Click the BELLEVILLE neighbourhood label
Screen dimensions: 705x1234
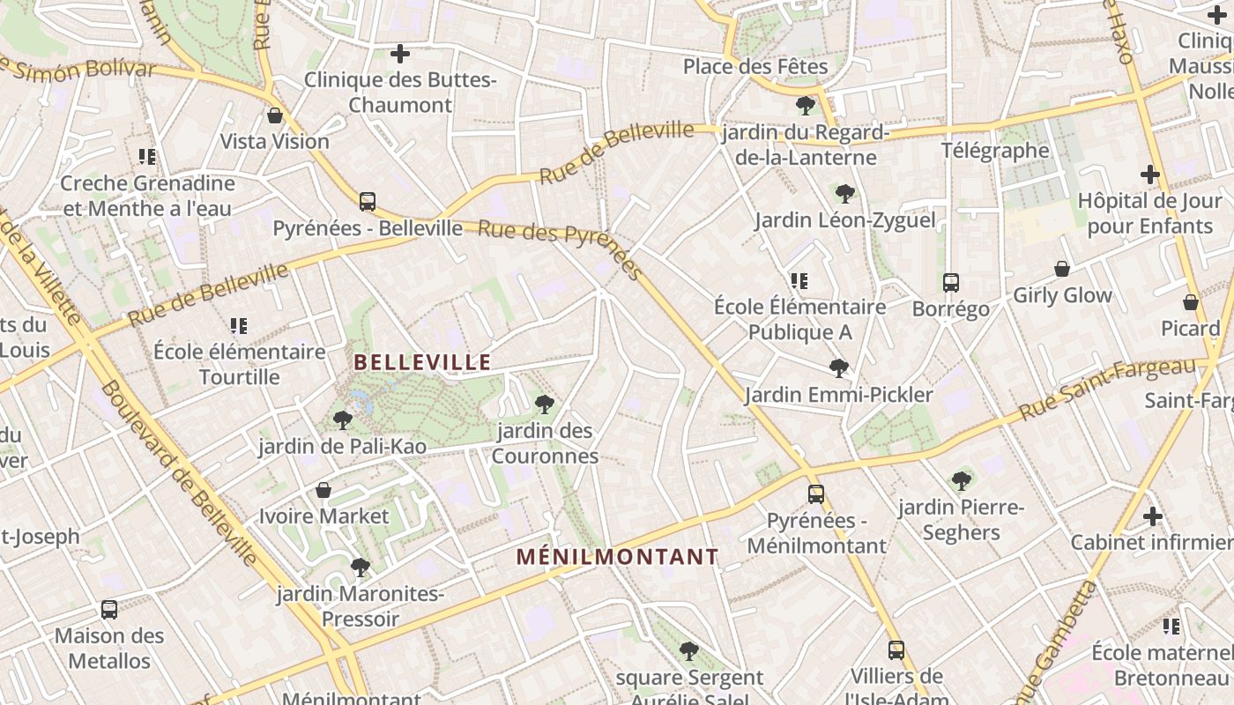point(422,362)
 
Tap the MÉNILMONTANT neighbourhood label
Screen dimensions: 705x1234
point(617,557)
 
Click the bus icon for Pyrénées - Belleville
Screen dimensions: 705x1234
point(368,202)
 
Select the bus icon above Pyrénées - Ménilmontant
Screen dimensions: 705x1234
point(816,494)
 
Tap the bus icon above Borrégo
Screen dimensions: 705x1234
point(950,283)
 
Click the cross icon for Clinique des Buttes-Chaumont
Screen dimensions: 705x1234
point(400,54)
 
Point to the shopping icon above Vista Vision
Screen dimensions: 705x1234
point(275,115)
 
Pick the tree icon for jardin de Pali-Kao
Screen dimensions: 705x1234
point(343,420)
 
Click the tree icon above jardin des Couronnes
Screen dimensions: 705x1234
point(545,404)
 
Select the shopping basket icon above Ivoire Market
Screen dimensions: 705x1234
point(323,490)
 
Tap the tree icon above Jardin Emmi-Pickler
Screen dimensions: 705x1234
point(839,367)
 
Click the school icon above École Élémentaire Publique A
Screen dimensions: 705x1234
point(799,281)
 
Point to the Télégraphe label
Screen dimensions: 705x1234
point(995,151)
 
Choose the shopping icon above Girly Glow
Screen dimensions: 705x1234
point(1062,269)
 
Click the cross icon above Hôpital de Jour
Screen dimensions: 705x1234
point(1150,174)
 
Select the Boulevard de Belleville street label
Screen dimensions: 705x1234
point(180,472)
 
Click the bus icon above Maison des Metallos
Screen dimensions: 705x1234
point(109,609)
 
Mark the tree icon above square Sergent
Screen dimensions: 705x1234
point(689,651)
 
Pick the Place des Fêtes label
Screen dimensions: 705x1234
point(755,67)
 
